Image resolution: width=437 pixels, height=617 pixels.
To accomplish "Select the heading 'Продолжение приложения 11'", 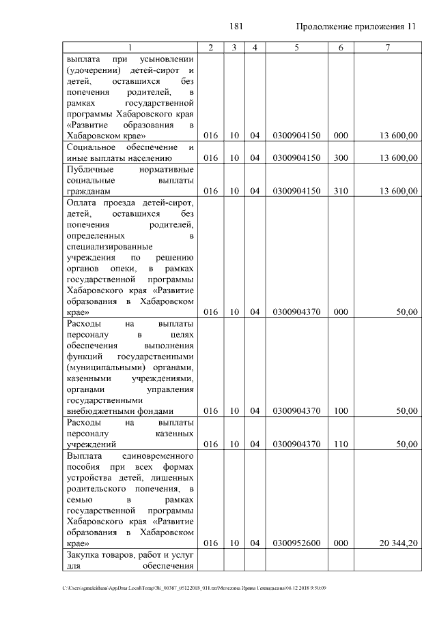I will [x=356, y=27].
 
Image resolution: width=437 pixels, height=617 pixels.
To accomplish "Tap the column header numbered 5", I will [x=296, y=47].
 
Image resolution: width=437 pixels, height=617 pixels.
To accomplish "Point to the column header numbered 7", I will [x=387, y=47].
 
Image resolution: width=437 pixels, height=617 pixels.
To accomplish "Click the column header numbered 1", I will [x=130, y=47].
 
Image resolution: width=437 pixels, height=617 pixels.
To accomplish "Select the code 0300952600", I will [x=296, y=543].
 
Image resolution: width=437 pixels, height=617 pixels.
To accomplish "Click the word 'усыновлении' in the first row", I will [x=168, y=59].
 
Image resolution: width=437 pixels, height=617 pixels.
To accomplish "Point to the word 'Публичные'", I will [x=87, y=169].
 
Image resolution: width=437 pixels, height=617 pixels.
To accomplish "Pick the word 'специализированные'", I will [x=109, y=246].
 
